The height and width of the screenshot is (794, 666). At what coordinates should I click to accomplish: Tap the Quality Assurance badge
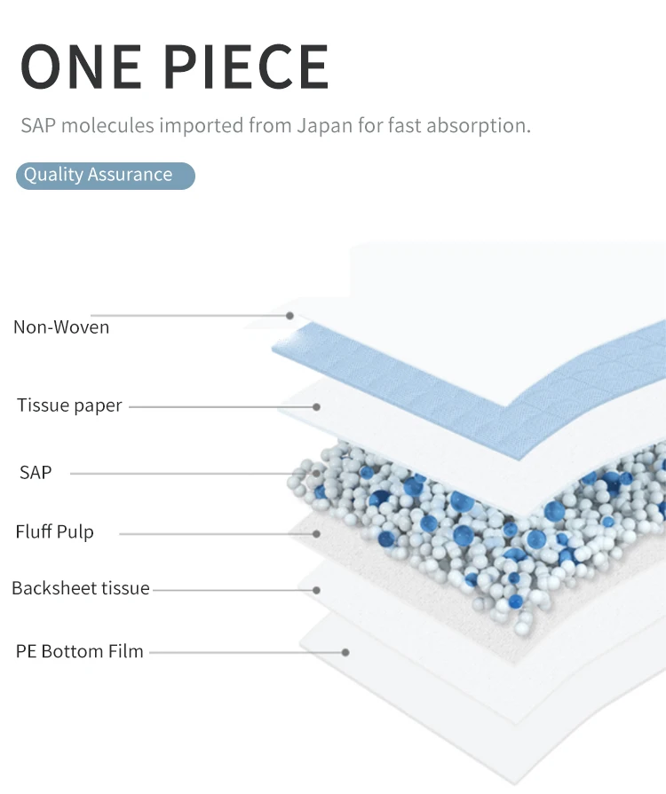tap(105, 175)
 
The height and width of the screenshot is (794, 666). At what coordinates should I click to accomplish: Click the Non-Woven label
tap(61, 327)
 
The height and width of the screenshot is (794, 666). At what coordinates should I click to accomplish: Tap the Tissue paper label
tap(69, 405)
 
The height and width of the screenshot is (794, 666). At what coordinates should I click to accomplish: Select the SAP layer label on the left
tap(36, 473)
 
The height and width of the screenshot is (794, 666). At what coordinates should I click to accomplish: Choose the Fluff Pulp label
tap(54, 532)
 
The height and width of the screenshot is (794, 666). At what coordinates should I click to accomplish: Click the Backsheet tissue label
tap(81, 588)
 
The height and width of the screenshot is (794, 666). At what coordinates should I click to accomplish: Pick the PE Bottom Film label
tap(79, 651)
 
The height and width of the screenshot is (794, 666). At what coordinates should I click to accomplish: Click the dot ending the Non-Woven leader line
tap(289, 315)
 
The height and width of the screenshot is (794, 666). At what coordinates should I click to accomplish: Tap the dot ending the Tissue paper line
tap(316, 406)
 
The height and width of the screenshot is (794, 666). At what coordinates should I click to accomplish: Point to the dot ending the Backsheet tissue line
tap(316, 588)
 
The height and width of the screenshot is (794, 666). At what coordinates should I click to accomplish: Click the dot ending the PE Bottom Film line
tap(345, 652)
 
